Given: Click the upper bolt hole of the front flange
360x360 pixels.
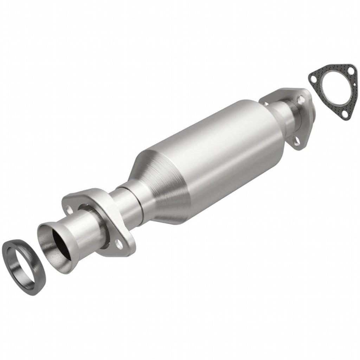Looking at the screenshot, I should (71, 211).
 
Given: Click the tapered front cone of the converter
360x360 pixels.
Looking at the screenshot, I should (158, 183).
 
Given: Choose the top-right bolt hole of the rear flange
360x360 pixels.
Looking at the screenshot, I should (299, 100).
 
